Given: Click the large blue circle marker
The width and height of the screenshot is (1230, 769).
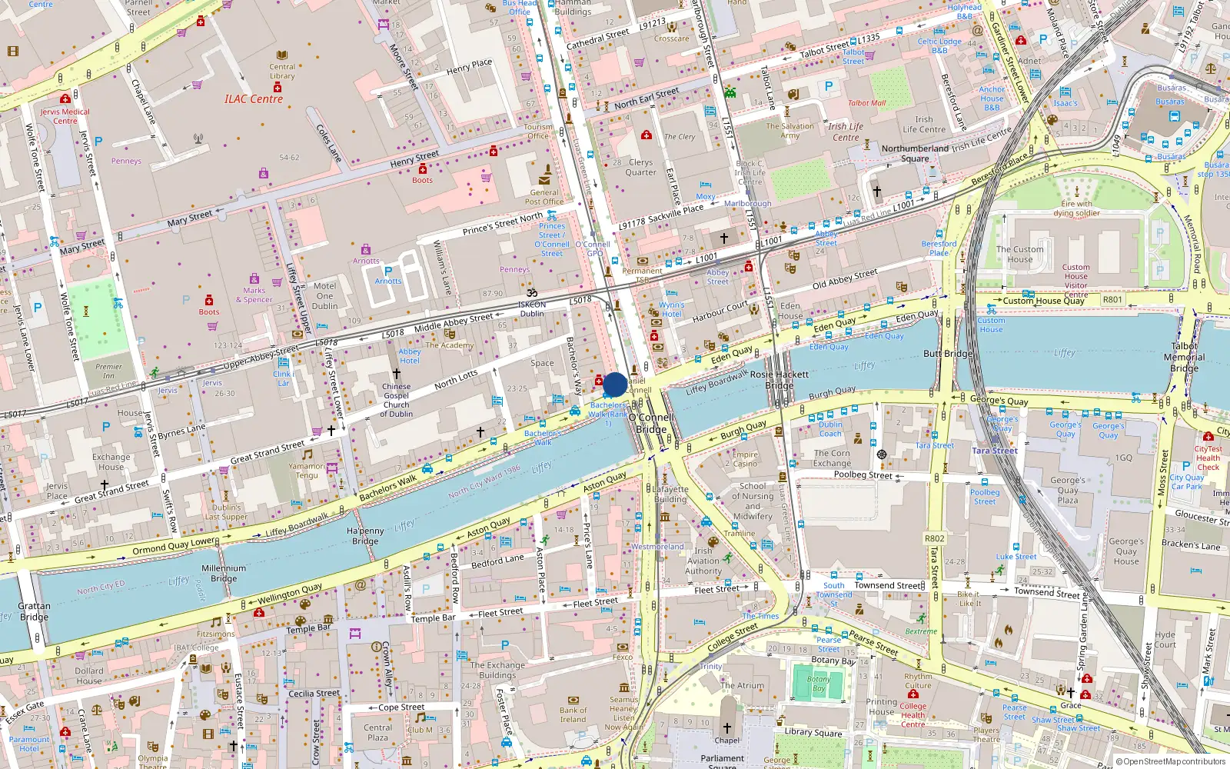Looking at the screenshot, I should click(x=615, y=384).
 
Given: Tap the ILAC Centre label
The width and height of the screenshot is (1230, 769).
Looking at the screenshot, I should click(x=254, y=99).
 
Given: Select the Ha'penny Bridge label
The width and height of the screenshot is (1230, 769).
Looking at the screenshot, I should click(x=365, y=536).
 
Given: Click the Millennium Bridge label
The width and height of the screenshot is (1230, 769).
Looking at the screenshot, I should click(x=224, y=573).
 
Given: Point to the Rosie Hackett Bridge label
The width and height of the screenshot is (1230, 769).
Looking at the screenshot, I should click(x=780, y=379).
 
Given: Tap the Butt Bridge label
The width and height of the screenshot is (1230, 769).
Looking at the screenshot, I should click(x=948, y=354).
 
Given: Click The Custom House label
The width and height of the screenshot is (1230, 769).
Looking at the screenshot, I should click(x=1020, y=254).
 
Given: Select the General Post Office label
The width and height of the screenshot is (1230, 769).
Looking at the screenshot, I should click(x=544, y=198).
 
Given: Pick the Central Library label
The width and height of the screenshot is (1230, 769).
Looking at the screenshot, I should click(x=282, y=71).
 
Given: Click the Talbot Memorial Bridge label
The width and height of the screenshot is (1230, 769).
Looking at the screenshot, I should click(x=1184, y=357).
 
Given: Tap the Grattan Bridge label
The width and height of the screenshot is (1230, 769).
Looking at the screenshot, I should click(x=34, y=611).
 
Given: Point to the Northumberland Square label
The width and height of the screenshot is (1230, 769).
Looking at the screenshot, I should click(x=915, y=153).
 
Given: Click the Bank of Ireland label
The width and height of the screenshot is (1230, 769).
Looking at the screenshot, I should click(x=573, y=714).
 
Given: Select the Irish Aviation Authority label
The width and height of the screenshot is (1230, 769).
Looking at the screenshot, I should click(x=703, y=561).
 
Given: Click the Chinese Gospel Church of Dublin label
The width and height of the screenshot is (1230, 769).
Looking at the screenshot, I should click(x=396, y=400).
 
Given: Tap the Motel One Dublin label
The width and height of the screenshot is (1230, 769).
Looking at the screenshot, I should click(x=324, y=295).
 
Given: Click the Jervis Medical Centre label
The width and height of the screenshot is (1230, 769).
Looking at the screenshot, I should click(x=65, y=116).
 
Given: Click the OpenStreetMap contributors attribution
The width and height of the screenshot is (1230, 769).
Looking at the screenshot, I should click(x=1171, y=762).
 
